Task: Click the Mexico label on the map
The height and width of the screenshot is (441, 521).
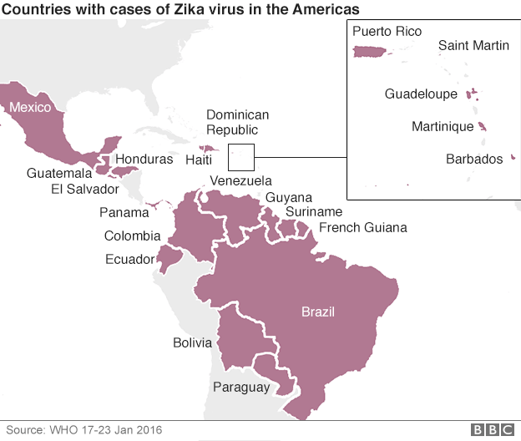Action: click(x=30, y=107)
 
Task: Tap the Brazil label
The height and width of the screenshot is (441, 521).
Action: click(x=317, y=312)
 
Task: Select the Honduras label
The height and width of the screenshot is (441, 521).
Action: click(x=144, y=159)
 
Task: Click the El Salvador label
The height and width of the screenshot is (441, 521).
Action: click(x=85, y=189)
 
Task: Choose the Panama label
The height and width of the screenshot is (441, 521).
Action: click(x=124, y=212)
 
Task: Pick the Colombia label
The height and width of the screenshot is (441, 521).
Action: click(x=132, y=236)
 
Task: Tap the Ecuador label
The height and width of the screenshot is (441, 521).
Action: click(x=129, y=259)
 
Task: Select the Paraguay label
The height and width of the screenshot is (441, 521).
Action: click(x=241, y=387)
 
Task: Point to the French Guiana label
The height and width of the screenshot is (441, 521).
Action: click(x=363, y=227)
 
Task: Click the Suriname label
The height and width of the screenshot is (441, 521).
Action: click(x=313, y=212)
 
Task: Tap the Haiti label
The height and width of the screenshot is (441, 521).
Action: click(x=198, y=159)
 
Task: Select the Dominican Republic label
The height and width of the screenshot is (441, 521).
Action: click(x=238, y=122)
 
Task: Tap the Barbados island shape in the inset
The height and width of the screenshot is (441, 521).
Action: click(x=511, y=155)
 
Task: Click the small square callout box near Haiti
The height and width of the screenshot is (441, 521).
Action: click(x=240, y=156)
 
